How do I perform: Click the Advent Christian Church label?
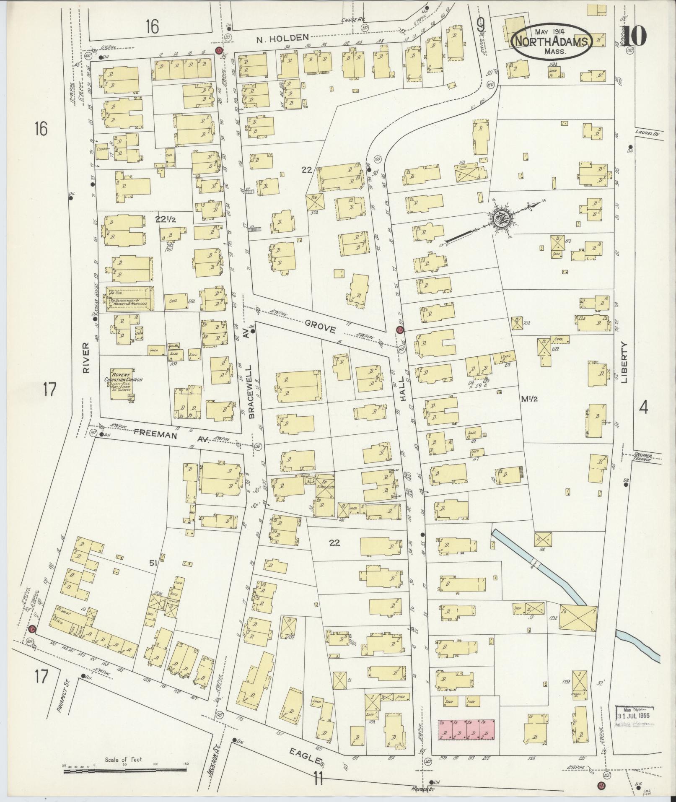pyautogui.click(x=124, y=380)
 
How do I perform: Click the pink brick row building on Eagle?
pyautogui.click(x=466, y=729)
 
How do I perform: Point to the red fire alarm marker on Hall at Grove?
pyautogui.click(x=400, y=330)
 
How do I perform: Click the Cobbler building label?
pyautogui.click(x=103, y=149)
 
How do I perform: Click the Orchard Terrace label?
pyautogui.click(x=642, y=457)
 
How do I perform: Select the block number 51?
pyautogui.click(x=152, y=563)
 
